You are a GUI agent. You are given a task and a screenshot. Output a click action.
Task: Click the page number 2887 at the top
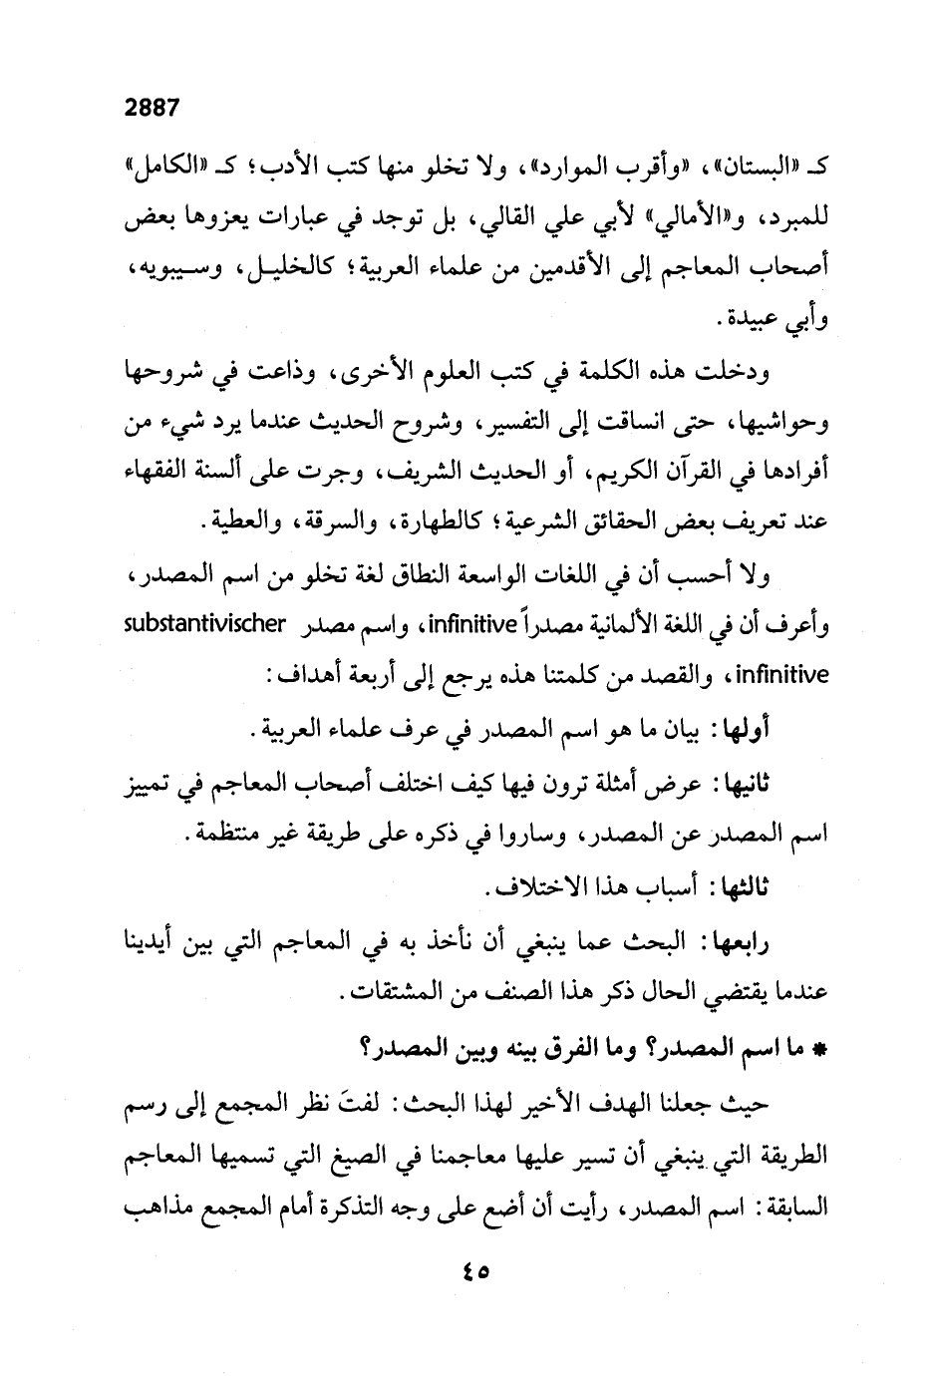coord(151,108)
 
